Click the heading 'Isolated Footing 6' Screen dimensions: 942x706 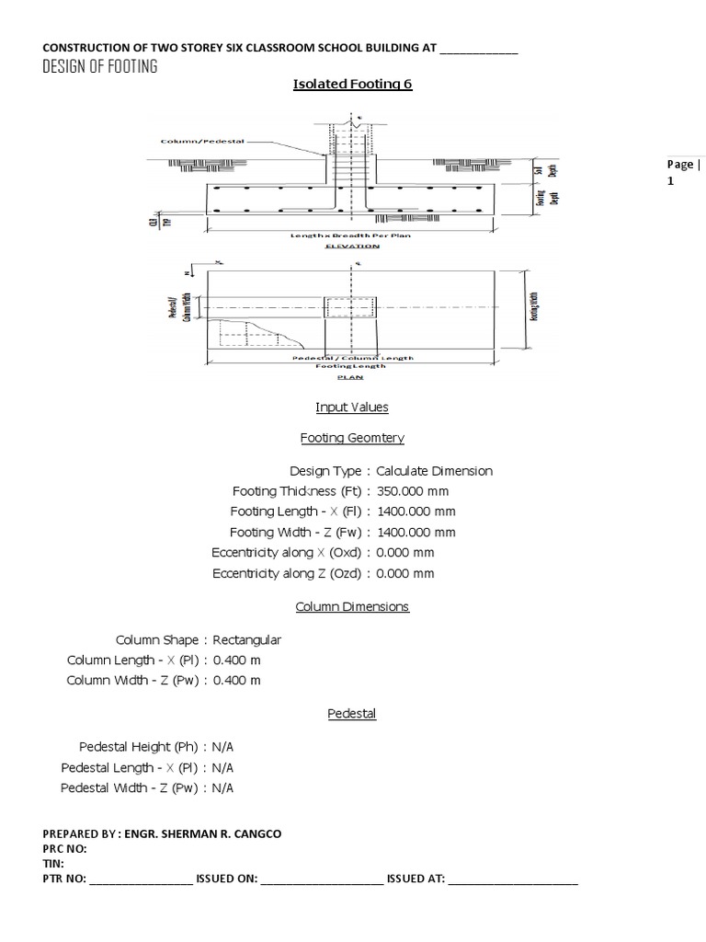pyautogui.click(x=352, y=85)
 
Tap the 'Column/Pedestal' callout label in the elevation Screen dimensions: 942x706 pyautogui.click(x=196, y=142)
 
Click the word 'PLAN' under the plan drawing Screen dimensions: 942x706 pyautogui.click(x=352, y=376)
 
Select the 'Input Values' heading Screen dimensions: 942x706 pyautogui.click(x=352, y=407)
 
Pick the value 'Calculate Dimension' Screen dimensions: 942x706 pyautogui.click(x=434, y=471)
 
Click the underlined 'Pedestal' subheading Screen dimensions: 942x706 pyautogui.click(x=352, y=714)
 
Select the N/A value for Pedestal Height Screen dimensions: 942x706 pyautogui.click(x=222, y=746)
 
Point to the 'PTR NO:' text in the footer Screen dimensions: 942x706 pyautogui.click(x=64, y=879)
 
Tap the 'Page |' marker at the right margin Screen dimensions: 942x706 pyautogui.click(x=683, y=164)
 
